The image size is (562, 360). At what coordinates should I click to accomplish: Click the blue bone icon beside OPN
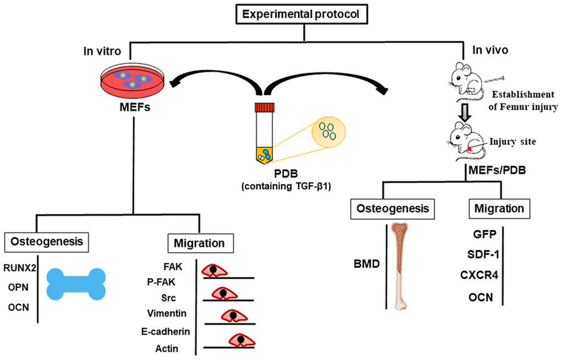coord(75,284)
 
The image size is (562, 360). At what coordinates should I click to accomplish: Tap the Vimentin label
coord(167,313)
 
